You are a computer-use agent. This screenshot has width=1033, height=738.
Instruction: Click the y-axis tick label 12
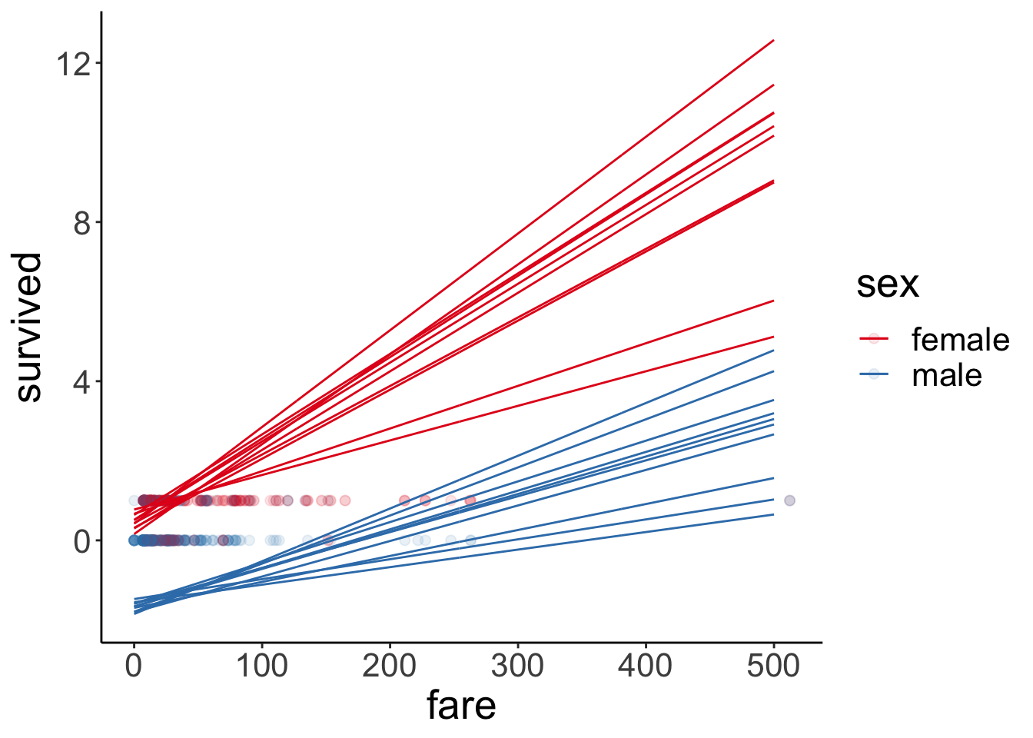coord(72,64)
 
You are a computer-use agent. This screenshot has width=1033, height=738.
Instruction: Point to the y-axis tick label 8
coord(81,223)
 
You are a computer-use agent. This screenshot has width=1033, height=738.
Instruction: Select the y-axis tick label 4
coord(81,382)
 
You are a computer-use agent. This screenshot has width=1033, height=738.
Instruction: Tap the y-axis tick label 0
coord(81,541)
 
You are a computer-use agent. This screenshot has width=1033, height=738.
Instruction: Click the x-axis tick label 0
coord(134,666)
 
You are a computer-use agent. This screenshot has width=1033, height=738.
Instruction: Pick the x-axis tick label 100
coord(261,666)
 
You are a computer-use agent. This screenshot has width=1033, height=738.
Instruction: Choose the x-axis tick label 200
coord(390,666)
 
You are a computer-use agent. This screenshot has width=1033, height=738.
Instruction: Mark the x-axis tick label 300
coord(517,666)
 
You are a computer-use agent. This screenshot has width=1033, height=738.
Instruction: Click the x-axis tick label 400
coord(646,666)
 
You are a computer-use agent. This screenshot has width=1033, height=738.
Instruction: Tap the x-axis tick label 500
coord(773,666)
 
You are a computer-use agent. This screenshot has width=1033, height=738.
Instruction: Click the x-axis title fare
coord(461,706)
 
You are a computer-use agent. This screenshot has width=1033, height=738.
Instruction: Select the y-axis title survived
coord(28,327)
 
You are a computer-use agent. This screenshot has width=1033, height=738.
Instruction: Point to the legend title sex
coord(888,284)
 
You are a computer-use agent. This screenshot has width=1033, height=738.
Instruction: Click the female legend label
coord(960,339)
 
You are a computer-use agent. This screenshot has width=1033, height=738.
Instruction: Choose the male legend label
coord(946,375)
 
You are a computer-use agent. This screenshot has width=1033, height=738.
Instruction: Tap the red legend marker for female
coord(874,338)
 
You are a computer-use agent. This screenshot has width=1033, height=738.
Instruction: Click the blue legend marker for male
coord(874,374)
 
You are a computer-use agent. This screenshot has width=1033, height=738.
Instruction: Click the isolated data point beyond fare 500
coord(789,500)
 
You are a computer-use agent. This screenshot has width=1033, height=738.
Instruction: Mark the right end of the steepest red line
coord(773,40)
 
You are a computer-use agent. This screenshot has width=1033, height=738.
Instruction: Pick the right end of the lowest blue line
coord(773,514)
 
